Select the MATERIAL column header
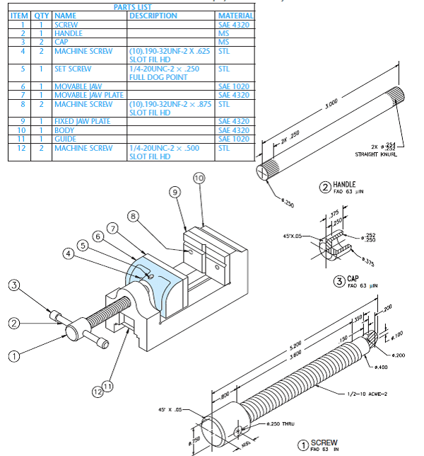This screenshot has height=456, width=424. (235, 15)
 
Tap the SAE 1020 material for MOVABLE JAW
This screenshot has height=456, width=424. (233, 86)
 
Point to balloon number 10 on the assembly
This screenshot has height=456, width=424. (199, 178)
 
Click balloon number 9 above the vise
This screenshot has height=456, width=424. (175, 193)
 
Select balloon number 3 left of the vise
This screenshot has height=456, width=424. (13, 285)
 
